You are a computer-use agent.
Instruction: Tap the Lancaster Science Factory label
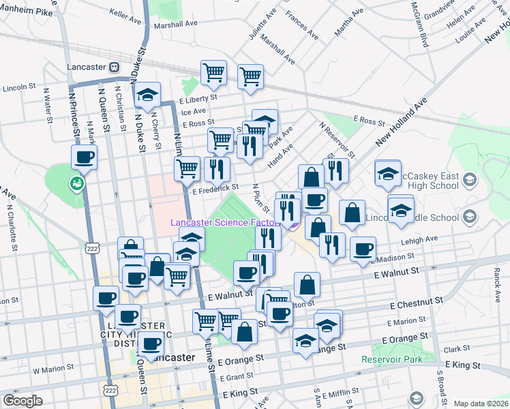(224, 222)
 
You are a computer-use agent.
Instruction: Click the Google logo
(22, 401)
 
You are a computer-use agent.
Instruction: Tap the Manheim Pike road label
(27, 12)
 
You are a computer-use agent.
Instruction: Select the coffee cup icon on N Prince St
(85, 157)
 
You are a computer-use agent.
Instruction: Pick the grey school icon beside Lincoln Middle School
(468, 217)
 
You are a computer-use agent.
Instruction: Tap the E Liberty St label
(198, 98)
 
